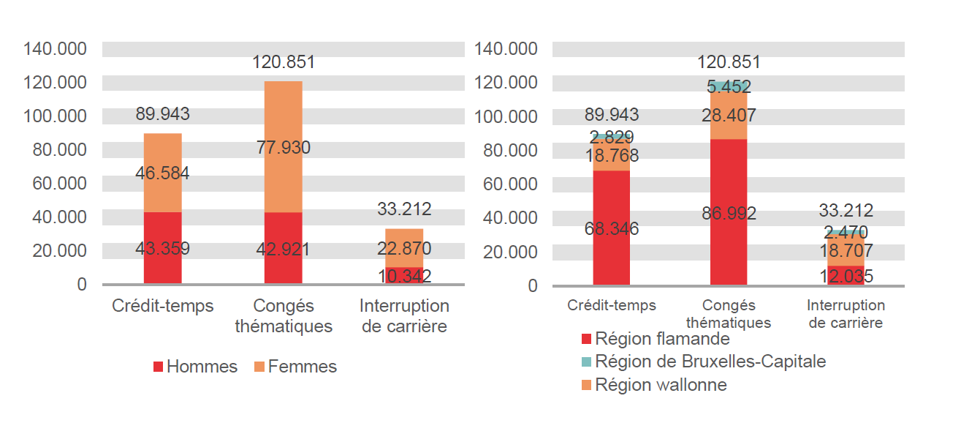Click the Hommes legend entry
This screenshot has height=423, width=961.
[195, 367]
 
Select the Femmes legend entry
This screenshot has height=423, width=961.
[295, 367]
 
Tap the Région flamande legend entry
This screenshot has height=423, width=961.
[655, 339]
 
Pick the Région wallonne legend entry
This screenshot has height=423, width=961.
[653, 385]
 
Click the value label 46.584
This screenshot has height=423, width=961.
[162, 173]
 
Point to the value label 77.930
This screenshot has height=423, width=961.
[283, 148]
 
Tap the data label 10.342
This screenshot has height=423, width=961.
[404, 276]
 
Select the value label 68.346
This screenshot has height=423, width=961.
[611, 229]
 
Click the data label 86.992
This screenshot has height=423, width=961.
[728, 214]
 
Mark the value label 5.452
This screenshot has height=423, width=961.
[728, 87]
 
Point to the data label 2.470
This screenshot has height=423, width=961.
[845, 233]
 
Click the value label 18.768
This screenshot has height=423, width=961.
[611, 155]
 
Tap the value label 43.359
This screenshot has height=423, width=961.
[162, 249]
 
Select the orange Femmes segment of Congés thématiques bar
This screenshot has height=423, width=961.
[283, 117]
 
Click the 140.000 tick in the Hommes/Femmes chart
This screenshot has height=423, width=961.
[56, 49]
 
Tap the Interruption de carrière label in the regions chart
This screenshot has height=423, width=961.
[845, 314]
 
